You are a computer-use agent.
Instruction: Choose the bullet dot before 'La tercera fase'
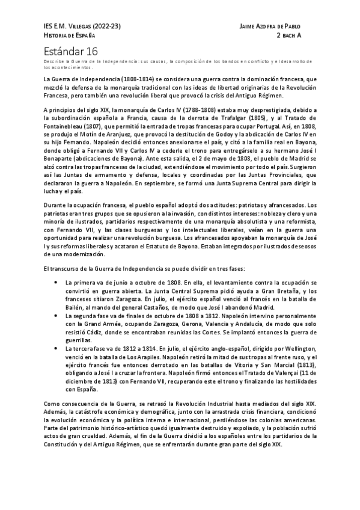point(55,349)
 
